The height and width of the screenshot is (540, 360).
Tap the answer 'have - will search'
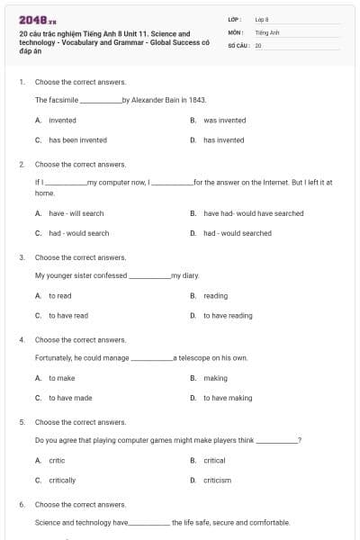click(76, 213)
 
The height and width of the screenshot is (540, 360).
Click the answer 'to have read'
click(68, 316)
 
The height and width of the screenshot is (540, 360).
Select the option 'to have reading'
click(228, 316)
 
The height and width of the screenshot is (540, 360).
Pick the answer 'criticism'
click(217, 481)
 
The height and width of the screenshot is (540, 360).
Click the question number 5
click(22, 422)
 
